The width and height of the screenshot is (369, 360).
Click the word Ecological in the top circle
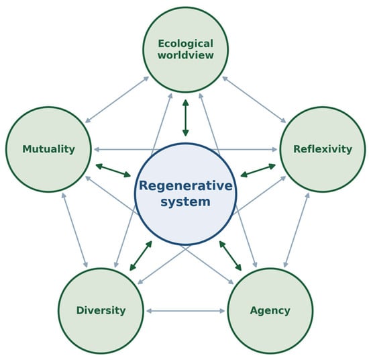[186, 44]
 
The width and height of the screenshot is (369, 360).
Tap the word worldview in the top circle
[186, 55]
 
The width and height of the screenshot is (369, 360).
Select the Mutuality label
[49, 149]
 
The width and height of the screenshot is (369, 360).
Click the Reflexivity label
[323, 149]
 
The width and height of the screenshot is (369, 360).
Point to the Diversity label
[101, 310]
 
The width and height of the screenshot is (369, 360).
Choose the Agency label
[270, 310]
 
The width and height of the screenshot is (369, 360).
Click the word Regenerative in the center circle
[186, 185]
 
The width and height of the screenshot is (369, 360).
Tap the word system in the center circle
[185, 202]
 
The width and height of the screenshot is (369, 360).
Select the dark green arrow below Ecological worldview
[186, 118]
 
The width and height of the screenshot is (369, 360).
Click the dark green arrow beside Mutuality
[113, 170]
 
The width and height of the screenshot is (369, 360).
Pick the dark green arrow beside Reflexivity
[258, 170]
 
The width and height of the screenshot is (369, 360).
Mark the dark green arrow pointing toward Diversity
[141, 256]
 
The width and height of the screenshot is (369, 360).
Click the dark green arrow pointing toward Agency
[230, 256]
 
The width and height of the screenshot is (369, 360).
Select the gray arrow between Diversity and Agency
[185, 311]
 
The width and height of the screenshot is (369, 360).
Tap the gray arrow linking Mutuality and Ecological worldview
[117, 99]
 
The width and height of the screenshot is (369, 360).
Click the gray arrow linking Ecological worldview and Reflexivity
[254, 99]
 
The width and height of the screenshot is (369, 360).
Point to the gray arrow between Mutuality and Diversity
[74, 230]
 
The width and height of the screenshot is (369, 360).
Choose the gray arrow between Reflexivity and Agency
[297, 230]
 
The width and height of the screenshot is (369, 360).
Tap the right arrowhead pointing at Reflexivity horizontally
[274, 149]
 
